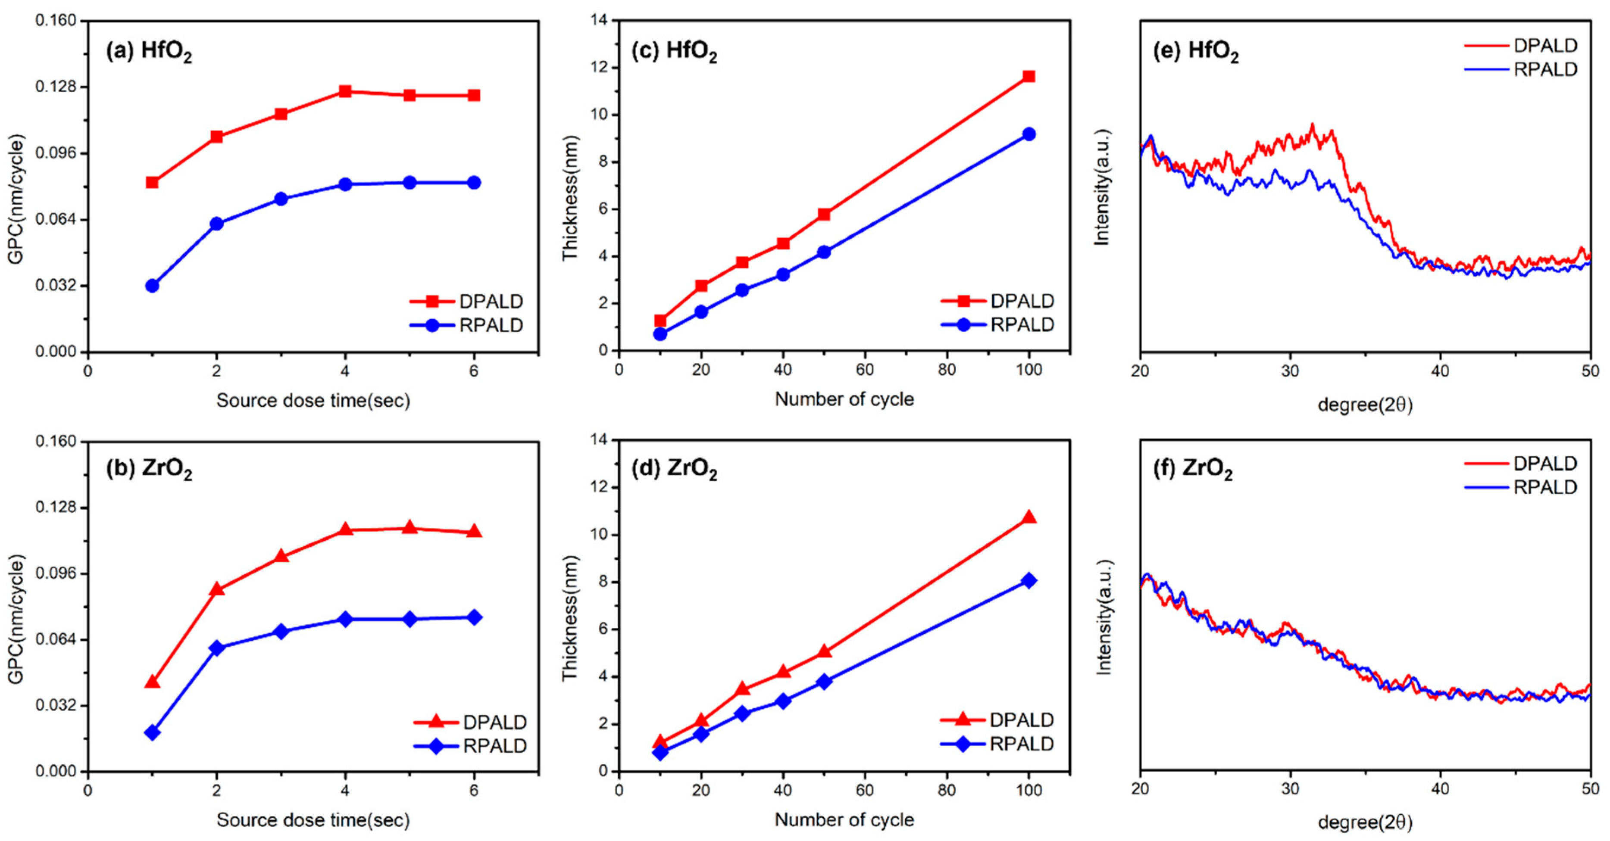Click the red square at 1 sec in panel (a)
(x=152, y=182)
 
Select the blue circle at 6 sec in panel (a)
(x=474, y=182)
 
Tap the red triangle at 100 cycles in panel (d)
(x=1029, y=517)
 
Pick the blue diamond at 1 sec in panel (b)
(x=152, y=732)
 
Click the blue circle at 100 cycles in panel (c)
(x=1029, y=134)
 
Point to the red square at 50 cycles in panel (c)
(x=824, y=214)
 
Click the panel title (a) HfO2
(x=149, y=51)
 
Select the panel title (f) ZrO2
(x=1192, y=470)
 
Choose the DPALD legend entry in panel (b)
(x=494, y=722)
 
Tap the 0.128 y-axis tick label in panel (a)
(x=55, y=87)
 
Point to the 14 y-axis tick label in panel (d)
(x=599, y=440)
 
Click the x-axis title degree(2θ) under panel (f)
(x=1365, y=822)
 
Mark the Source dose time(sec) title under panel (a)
(x=313, y=401)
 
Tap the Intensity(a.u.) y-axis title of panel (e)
(x=1101, y=187)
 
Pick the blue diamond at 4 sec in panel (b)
(x=345, y=619)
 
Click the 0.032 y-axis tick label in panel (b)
(x=55, y=705)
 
